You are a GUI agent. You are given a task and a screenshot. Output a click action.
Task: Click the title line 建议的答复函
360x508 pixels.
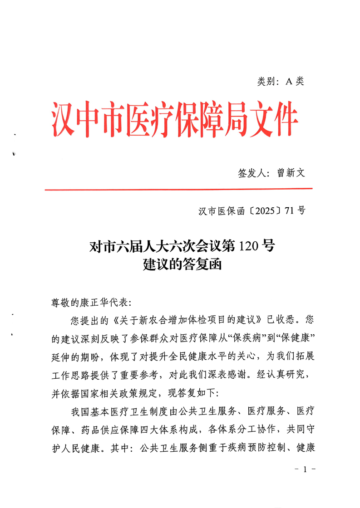(182, 264)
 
